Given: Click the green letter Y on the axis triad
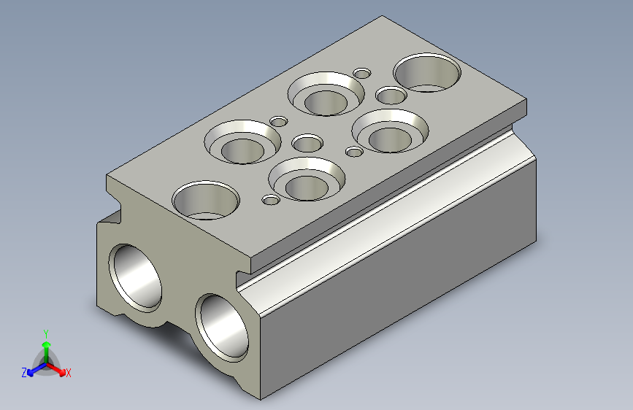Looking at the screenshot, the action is (x=46, y=334).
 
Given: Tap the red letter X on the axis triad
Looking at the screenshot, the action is (x=68, y=374).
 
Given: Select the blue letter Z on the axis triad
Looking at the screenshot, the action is (x=24, y=373).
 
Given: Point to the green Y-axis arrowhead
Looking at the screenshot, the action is (x=47, y=344).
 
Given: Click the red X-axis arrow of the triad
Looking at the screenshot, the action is (x=55, y=369).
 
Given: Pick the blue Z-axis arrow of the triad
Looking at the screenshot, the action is (x=37, y=369).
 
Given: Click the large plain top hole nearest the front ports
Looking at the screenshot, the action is (x=206, y=200).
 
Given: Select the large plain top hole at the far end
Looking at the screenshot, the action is (x=427, y=73).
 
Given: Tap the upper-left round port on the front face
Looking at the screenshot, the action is (x=135, y=278).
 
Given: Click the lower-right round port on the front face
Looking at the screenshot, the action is (x=222, y=328).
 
